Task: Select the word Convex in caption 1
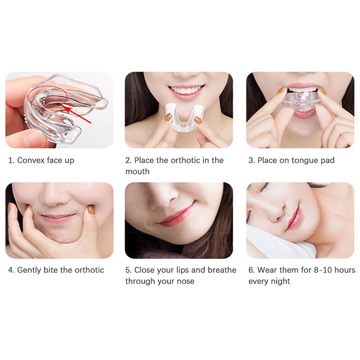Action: pyautogui.click(x=31, y=160)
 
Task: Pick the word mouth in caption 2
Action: pyautogui.click(x=137, y=171)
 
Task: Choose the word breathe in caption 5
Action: pyautogui.click(x=220, y=270)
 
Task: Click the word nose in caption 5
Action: pyautogui.click(x=185, y=281)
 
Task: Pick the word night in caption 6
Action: pyautogui.click(x=281, y=281)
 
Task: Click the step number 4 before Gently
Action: pyautogui.click(x=11, y=270)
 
